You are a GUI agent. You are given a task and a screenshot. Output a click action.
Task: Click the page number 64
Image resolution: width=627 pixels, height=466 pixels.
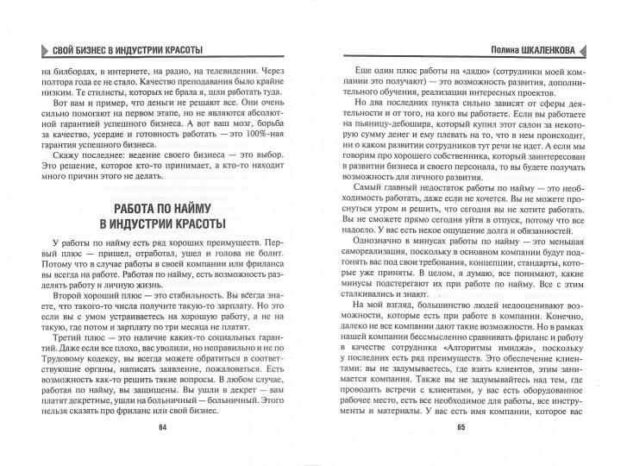click(162, 451)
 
